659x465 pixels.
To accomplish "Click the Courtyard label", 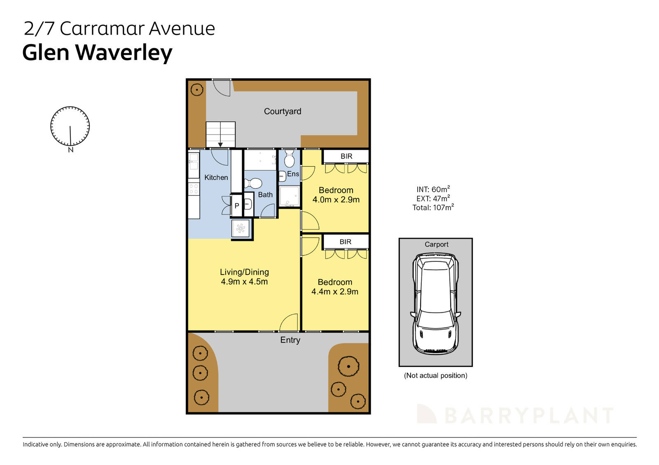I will [x=282, y=111].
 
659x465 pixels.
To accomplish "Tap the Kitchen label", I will [x=216, y=177].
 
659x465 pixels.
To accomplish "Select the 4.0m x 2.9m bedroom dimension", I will [x=336, y=200].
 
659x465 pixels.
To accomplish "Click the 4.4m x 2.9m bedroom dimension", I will [x=334, y=292].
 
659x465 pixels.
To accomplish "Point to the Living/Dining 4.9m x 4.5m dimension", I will [x=244, y=282].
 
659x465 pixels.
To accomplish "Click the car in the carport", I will [x=435, y=304].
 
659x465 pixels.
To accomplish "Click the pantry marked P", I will [x=237, y=206].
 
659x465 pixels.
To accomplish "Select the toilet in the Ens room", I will [x=289, y=158].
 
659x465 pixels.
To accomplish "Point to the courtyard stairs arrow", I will [x=220, y=144].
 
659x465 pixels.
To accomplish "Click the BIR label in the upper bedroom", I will [x=346, y=156].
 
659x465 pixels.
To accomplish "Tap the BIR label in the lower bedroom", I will [x=345, y=242].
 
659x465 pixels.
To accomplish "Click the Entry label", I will [x=290, y=340].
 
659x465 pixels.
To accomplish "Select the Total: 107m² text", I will [x=433, y=207].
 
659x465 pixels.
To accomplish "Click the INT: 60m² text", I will [x=433, y=189].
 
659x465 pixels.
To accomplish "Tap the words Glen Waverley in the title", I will [x=97, y=53].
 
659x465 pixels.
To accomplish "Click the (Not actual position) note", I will [x=435, y=375].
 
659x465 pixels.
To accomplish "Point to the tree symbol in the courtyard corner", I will [x=197, y=89].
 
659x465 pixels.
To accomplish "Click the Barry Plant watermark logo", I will [x=515, y=415].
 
